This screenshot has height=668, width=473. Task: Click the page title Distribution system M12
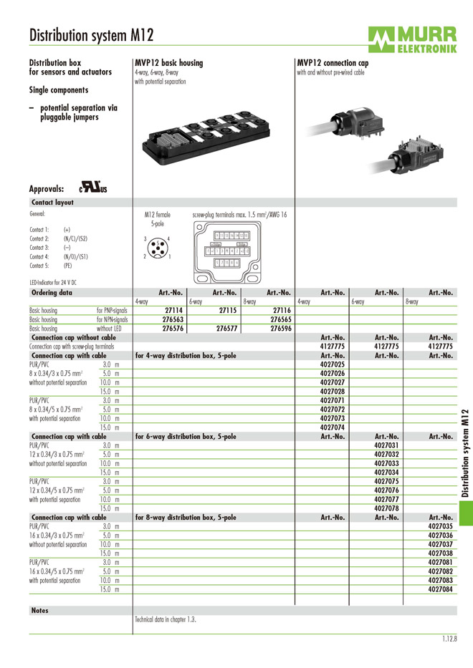click(x=91, y=35)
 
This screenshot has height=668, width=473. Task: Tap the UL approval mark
click(x=92, y=189)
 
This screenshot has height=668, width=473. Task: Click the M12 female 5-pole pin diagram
click(x=158, y=247)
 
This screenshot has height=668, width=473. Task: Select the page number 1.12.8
click(x=449, y=639)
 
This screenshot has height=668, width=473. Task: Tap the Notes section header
click(x=40, y=610)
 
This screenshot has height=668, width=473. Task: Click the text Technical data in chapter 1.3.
click(x=166, y=619)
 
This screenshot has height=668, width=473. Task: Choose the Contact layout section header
click(x=52, y=203)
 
